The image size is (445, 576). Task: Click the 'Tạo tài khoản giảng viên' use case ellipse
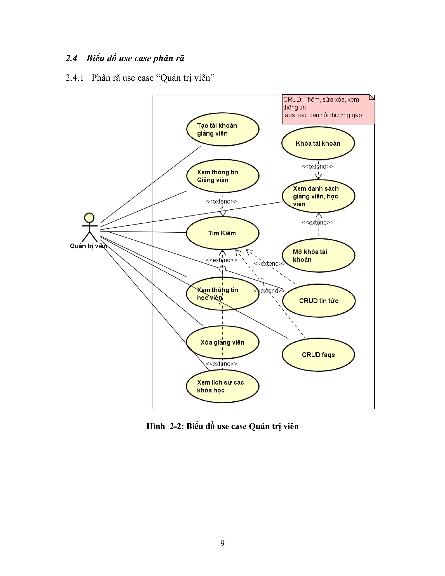[222, 129]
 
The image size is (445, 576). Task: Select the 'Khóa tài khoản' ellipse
[318, 143]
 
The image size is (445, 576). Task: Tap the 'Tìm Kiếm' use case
[222, 233]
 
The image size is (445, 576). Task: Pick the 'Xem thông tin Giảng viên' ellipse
[222, 176]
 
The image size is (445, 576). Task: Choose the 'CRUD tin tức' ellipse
[319, 301]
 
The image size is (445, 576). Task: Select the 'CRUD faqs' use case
[318, 355]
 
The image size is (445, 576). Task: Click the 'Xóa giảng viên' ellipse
[222, 342]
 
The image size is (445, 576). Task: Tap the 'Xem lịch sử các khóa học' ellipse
[222, 386]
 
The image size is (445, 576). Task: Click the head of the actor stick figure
[89, 218]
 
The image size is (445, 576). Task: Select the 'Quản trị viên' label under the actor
[88, 246]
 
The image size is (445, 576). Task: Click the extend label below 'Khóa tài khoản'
[317, 166]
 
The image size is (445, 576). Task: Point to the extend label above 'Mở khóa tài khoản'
[318, 222]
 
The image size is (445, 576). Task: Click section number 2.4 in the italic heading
[71, 58]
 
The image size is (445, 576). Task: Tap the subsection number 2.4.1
[75, 78]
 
